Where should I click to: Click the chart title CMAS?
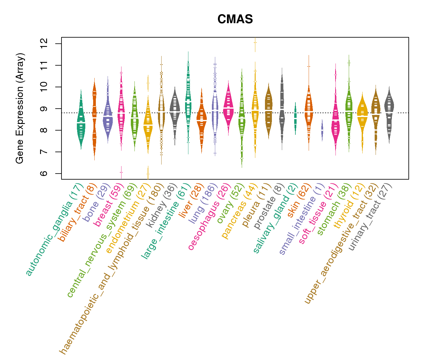coord(235,20)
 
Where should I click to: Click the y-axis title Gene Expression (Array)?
coord(20,108)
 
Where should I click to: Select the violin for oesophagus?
coord(228,108)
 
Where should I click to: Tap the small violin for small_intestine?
coord(322,130)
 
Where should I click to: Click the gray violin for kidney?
coord(175,111)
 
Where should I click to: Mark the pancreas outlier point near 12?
coord(255,42)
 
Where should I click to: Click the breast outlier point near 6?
coord(121,172)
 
